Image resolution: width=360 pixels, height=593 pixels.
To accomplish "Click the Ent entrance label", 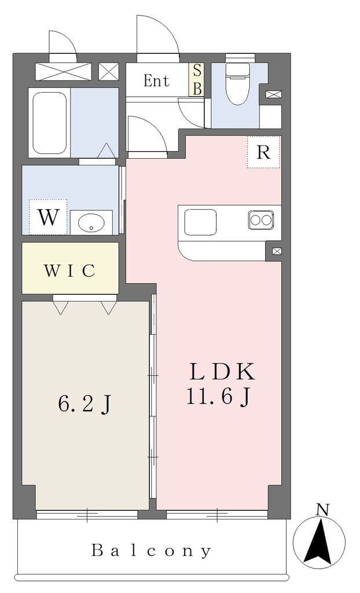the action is click(x=156, y=80).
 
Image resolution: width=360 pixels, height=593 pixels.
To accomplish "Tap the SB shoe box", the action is click(x=197, y=79).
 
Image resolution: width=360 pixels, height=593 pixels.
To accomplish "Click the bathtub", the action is click(x=50, y=123).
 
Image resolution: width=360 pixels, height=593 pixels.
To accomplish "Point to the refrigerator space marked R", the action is click(x=263, y=152).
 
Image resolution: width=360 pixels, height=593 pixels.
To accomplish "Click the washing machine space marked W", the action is click(x=49, y=218).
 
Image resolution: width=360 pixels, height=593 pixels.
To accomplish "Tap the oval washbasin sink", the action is click(x=91, y=223).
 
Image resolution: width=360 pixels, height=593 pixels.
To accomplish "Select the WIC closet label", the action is click(x=69, y=270).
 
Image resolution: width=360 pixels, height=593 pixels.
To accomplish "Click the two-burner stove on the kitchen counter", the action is click(x=261, y=219).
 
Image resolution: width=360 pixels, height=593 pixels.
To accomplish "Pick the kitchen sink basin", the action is click(x=200, y=222).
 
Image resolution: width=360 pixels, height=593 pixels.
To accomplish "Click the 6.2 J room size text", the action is click(x=85, y=405).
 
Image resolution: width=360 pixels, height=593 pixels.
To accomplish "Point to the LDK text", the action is click(x=222, y=372).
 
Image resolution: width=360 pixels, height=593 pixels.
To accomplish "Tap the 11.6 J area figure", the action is click(x=219, y=396).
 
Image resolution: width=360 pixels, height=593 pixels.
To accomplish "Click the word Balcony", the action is click(x=151, y=551).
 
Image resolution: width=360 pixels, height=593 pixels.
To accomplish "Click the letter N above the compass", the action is click(x=322, y=510).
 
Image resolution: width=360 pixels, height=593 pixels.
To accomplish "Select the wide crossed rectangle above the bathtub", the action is click(x=63, y=71).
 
